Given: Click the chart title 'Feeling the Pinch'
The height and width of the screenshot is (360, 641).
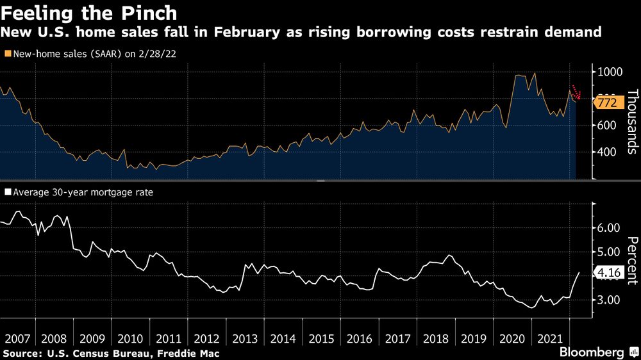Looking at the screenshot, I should [x=89, y=12].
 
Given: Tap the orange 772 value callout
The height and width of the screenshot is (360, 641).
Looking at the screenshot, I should [x=605, y=102].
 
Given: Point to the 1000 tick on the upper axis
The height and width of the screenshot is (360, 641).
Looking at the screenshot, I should [x=610, y=72].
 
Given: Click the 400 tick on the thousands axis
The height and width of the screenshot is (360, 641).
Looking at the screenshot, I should [x=607, y=152].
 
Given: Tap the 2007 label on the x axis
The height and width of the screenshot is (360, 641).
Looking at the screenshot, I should [x=18, y=338].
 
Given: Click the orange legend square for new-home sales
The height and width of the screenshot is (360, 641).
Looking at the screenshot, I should [x=7, y=54].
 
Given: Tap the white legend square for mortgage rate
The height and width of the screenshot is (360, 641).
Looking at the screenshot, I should [x=7, y=191].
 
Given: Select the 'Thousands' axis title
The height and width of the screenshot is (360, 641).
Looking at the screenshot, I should [x=631, y=122].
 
